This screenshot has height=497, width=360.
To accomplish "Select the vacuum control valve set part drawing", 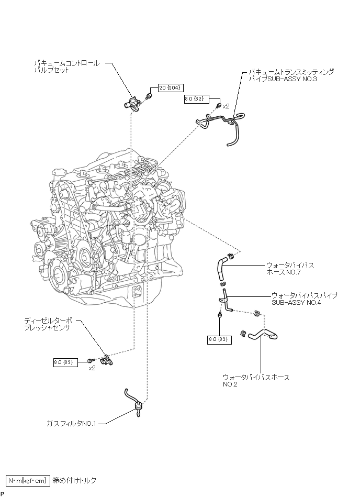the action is [x=132, y=104].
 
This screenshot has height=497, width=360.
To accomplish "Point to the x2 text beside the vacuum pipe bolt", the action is [x=226, y=106].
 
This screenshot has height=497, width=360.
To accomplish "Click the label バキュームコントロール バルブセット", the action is [x=67, y=67].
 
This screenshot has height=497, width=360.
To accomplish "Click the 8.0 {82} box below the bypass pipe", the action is [x=219, y=339].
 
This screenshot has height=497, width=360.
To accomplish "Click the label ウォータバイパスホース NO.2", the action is [x=256, y=381].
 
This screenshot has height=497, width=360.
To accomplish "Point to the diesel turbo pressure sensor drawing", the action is [x=107, y=360].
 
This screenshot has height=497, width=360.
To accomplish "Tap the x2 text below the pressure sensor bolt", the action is [x=92, y=368].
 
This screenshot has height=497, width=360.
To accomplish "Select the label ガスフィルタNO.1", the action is [x=71, y=423].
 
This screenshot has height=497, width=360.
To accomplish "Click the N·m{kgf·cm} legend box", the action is [x=28, y=481].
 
